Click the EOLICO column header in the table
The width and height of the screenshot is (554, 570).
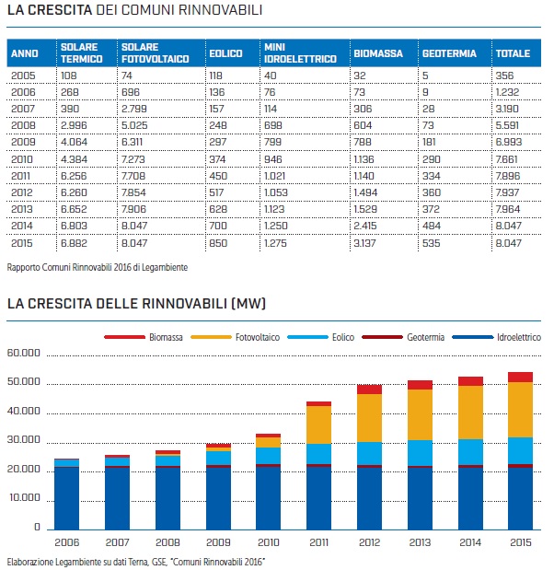coord(225,54)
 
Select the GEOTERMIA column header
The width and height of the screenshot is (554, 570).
coord(449,54)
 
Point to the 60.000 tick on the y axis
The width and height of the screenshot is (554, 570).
coord(25,354)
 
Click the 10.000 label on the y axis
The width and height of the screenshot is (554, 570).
coord(25,499)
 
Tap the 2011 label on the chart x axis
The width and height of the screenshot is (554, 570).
coord(319,541)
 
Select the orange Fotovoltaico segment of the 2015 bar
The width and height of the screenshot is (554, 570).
coord(521,409)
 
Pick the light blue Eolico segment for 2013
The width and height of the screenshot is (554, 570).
coord(421,453)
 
